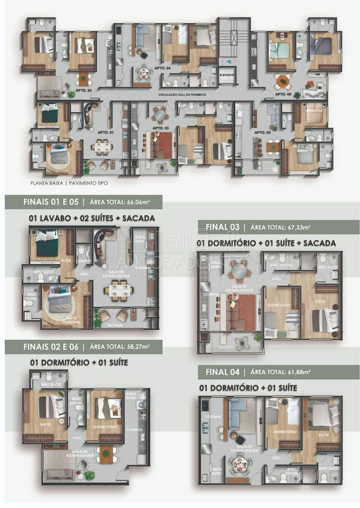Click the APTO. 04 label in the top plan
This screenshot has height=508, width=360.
tap(163, 68)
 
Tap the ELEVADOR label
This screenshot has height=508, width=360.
tap(227, 74)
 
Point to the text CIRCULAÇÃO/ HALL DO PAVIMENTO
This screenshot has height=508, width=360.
tap(182, 95)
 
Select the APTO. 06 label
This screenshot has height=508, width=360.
tap(283, 94)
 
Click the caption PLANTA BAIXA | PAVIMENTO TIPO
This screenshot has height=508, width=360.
tap(69, 183)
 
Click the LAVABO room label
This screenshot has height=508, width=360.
tap(84, 261)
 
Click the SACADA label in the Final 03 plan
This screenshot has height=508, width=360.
tap(226, 347)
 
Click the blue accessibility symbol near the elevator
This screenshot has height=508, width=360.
tap(229, 61)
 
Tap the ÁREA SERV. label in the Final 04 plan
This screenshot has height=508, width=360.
tap(216, 471)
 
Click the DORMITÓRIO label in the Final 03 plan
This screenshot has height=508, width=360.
tap(278, 305)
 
